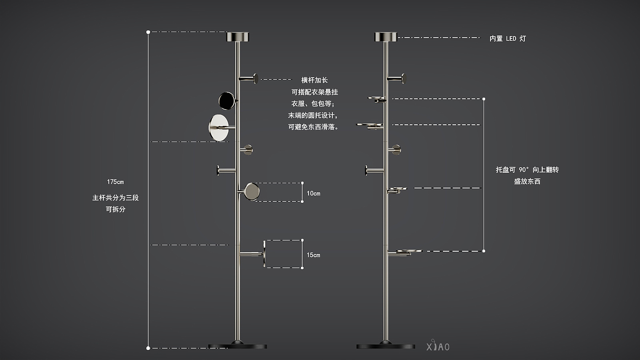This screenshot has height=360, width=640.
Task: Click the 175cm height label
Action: click(x=115, y=182)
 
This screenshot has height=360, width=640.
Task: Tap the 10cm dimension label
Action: click(x=313, y=193)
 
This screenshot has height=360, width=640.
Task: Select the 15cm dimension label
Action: click(x=313, y=255)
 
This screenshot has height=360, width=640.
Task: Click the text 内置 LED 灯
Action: click(x=507, y=39)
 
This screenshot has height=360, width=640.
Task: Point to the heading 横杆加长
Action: click(x=315, y=80)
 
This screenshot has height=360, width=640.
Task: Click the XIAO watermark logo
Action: click(x=437, y=346)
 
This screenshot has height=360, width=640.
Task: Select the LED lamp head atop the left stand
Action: click(x=238, y=37)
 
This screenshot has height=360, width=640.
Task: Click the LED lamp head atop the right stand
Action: click(x=386, y=37)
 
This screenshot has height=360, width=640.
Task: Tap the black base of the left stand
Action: click(x=238, y=346)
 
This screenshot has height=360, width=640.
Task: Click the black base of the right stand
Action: click(x=386, y=346)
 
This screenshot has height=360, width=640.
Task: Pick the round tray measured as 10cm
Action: click(x=252, y=191)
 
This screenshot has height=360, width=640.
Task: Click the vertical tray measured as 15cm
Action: click(x=264, y=254)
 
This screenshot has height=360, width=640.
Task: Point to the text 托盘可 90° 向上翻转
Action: click(x=527, y=169)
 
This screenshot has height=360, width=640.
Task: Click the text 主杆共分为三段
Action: click(x=115, y=198)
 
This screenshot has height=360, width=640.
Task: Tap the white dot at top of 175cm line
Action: click(x=148, y=32)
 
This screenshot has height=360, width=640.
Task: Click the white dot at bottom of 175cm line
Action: click(x=148, y=348)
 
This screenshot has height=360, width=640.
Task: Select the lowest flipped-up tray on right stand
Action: click(x=409, y=251)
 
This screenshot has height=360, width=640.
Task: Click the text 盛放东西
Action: click(x=527, y=181)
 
